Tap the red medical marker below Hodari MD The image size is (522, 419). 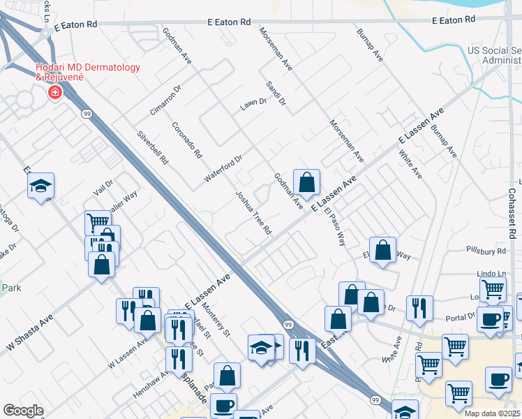coord(54,92)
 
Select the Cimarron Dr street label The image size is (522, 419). coord(165,101)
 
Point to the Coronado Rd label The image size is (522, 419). coord(187,140)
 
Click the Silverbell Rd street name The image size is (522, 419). coord(153,147)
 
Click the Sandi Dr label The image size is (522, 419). coord(276,93)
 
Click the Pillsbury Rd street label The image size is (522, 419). coord(486,250)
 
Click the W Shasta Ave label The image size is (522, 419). coord(30,337)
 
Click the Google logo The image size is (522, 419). coord(23,410)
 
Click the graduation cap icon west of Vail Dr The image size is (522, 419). coord(41,186)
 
